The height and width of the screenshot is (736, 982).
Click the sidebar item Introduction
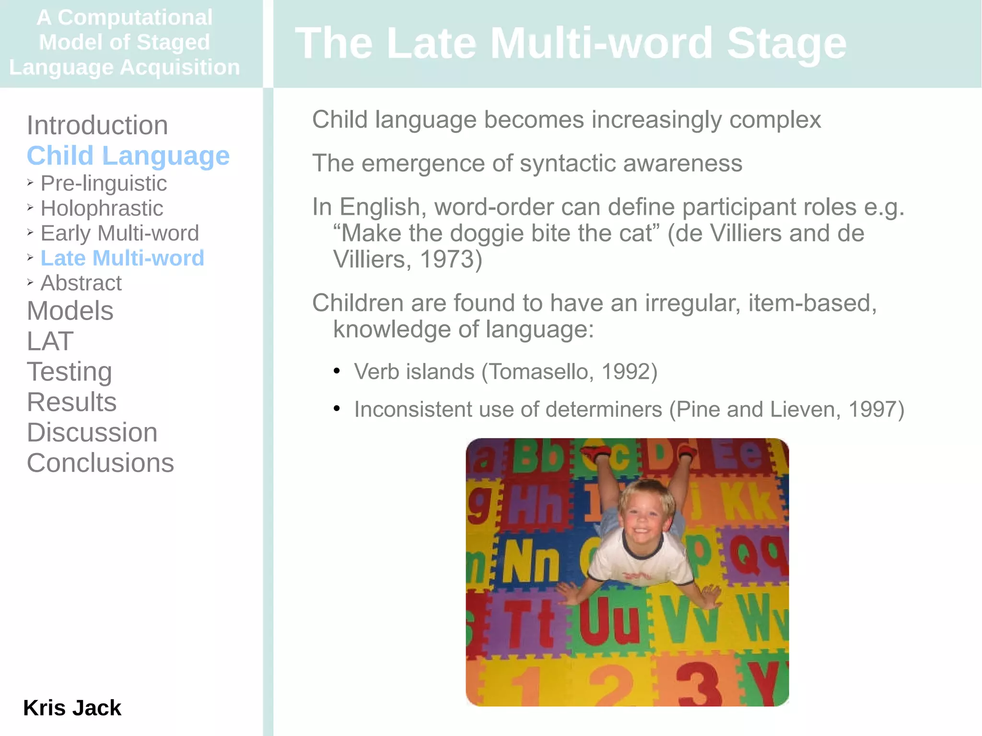click(97, 126)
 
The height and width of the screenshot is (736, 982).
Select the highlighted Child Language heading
click(128, 156)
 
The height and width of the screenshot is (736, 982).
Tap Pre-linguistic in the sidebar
click(104, 184)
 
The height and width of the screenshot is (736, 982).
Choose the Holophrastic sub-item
click(102, 209)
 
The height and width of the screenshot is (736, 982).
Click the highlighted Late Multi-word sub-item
click(122, 258)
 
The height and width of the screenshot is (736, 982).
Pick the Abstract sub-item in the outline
click(81, 283)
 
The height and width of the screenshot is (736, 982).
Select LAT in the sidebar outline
click(50, 341)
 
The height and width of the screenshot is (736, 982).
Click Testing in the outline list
click(70, 372)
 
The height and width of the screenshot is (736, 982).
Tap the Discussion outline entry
click(92, 432)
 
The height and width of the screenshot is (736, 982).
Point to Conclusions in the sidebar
click(100, 463)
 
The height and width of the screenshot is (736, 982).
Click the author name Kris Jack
click(72, 708)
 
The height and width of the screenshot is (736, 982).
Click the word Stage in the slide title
click(786, 44)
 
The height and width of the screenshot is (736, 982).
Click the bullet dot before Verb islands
click(337, 371)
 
